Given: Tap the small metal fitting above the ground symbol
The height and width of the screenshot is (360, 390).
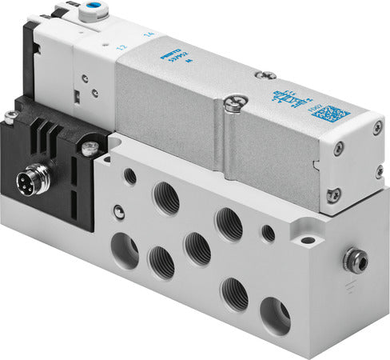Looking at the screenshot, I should [x=351, y=258].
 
